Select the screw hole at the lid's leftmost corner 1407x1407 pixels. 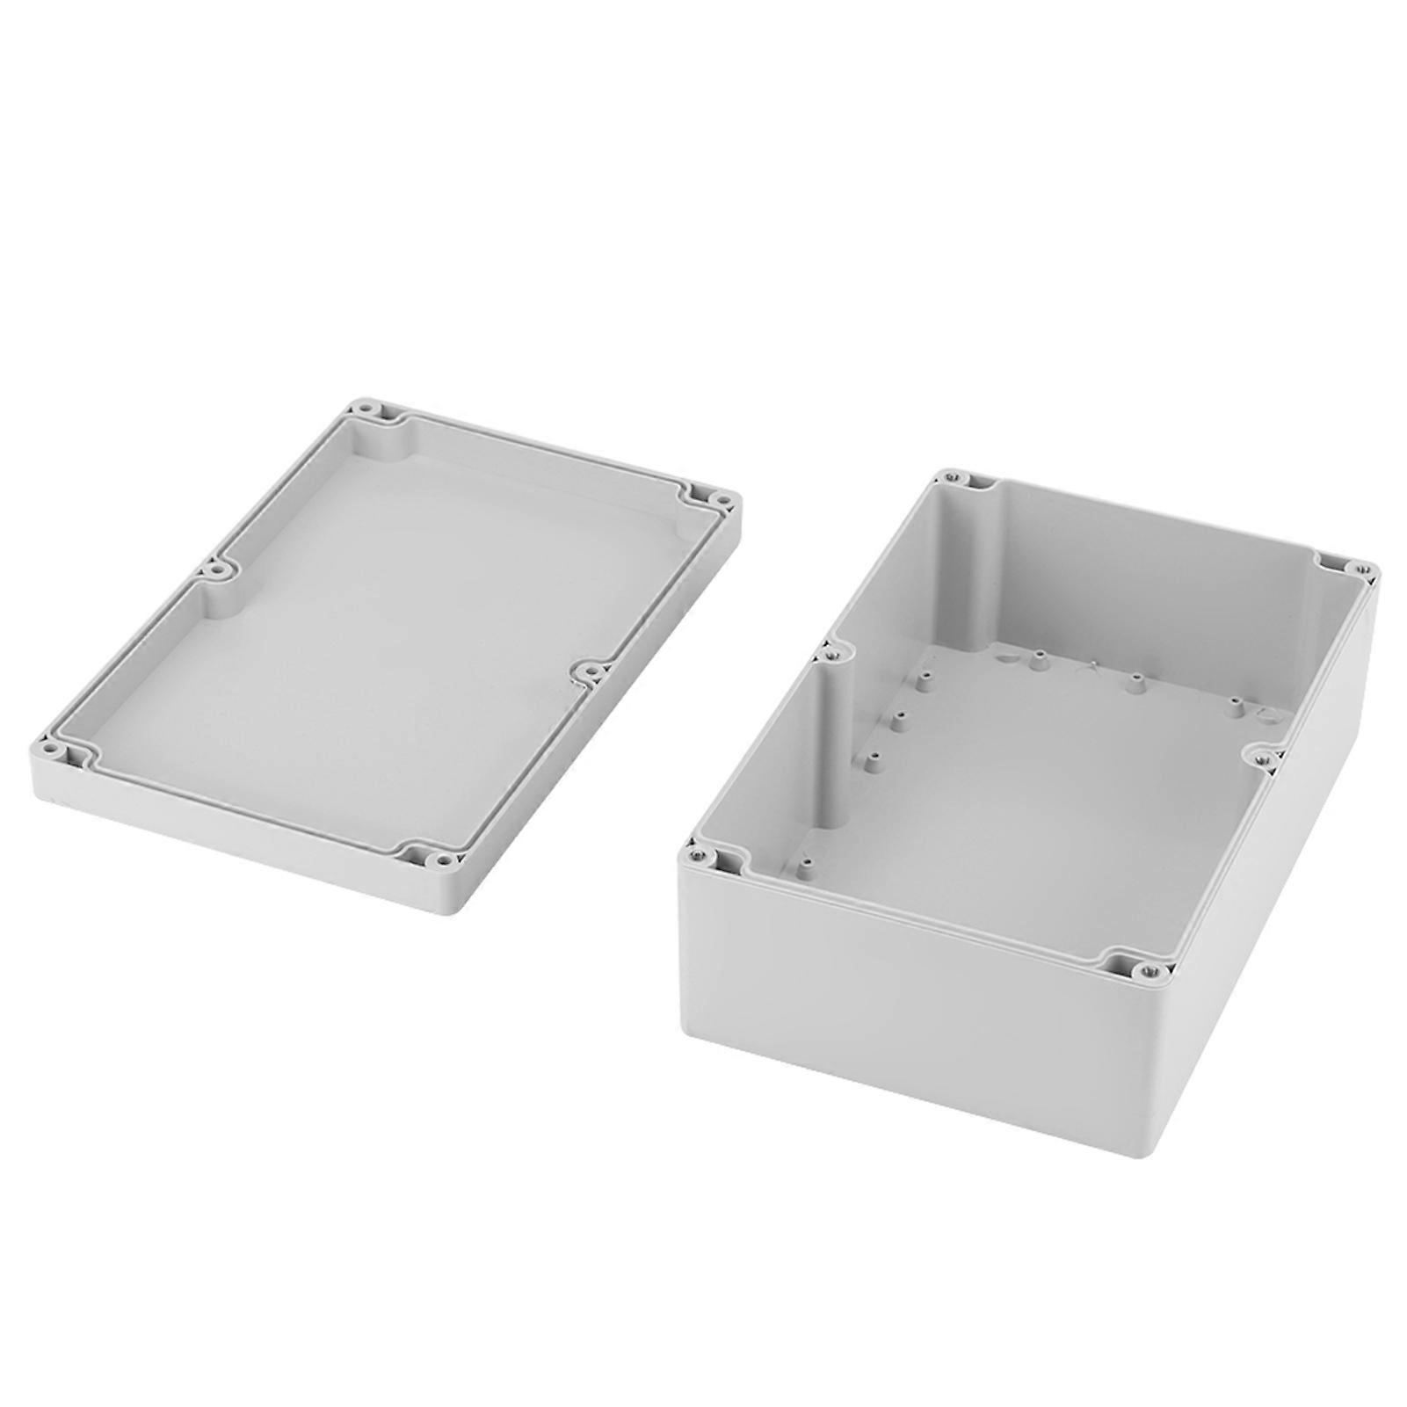click(49, 751)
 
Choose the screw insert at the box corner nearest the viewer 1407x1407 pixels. click(1145, 971)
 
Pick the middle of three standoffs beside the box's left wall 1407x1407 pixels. click(898, 722)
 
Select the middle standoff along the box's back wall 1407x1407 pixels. click(1135, 682)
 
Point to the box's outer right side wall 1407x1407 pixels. click(1274, 879)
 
